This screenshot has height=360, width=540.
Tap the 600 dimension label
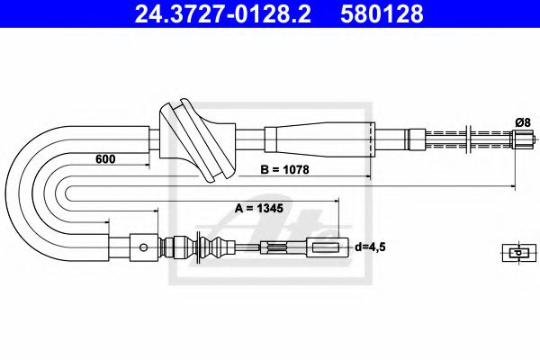[107, 159]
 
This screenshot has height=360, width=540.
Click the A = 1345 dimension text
[258, 208]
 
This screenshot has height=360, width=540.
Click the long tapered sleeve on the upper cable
[319, 139]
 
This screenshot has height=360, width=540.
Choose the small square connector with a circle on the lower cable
[140, 245]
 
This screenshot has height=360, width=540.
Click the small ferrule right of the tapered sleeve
[414, 139]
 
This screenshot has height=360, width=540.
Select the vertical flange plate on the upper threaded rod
[471, 139]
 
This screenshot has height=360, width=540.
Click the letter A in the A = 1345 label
[239, 208]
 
